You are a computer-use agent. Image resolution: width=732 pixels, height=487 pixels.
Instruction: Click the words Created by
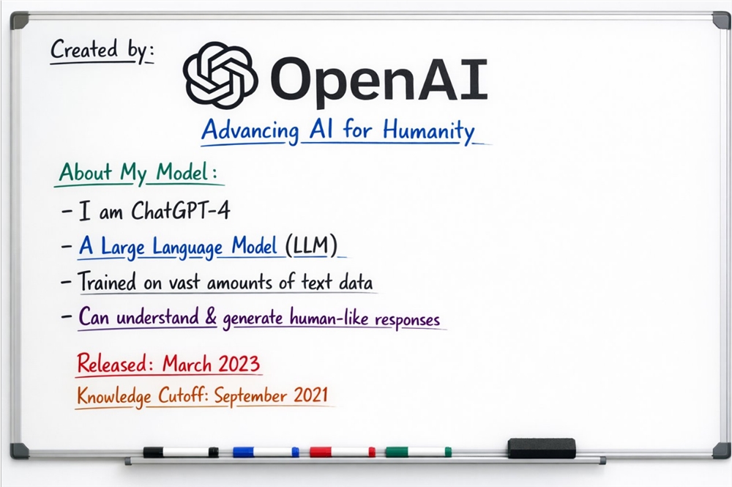pyautogui.click(x=102, y=51)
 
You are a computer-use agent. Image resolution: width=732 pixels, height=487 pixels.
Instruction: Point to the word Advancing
pyautogui.click(x=250, y=133)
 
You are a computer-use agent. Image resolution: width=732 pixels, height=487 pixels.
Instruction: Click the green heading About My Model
pyautogui.click(x=138, y=174)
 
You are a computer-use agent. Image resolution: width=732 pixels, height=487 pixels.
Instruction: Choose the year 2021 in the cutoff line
pyautogui.click(x=312, y=395)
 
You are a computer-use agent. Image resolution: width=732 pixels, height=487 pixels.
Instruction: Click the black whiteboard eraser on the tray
pyautogui.click(x=542, y=448)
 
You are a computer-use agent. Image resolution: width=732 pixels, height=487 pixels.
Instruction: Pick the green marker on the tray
pyautogui.click(x=418, y=452)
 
